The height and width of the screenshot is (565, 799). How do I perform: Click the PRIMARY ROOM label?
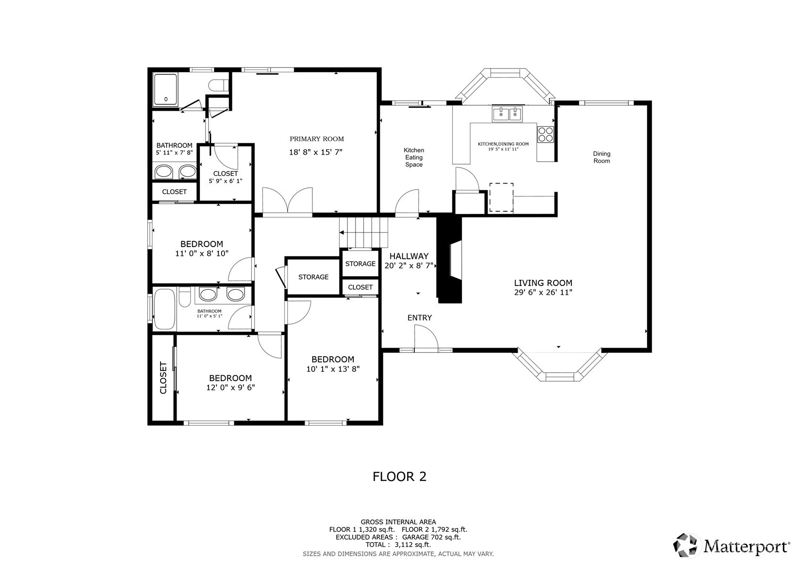[317, 139]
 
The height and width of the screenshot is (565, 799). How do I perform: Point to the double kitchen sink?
[507, 114]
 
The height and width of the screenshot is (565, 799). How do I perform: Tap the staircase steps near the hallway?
[363, 233]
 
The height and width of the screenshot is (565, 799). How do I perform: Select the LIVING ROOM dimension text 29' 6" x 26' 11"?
[543, 293]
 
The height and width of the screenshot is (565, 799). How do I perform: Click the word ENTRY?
[420, 317]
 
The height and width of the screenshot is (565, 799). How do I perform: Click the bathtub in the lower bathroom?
[164, 309]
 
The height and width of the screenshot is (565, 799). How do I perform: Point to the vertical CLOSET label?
[163, 378]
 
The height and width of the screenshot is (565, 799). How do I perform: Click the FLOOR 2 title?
[400, 477]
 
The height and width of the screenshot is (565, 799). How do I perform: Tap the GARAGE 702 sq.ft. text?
[431, 537]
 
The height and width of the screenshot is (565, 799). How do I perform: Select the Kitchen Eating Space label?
[414, 157]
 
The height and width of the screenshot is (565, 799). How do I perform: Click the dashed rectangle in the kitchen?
[501, 197]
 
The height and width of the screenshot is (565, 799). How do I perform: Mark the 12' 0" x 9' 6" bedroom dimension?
[230, 388]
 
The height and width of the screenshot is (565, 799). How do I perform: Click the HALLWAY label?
[409, 256]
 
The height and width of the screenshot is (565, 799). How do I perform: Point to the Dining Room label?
[602, 157]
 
